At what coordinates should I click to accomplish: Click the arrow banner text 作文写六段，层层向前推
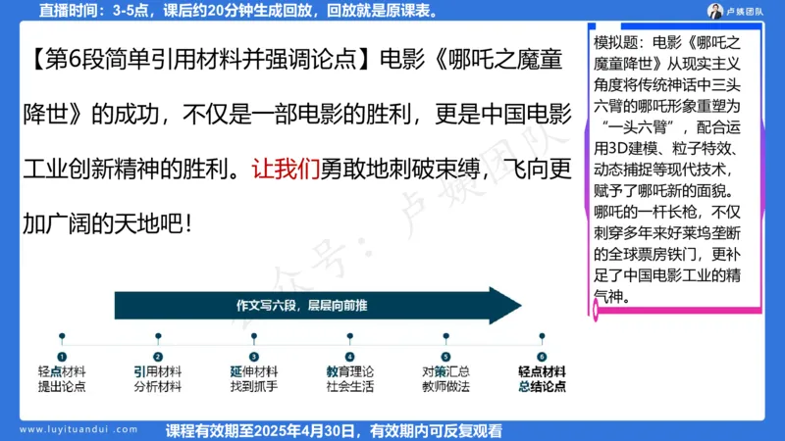pyautogui.click(x=301, y=305)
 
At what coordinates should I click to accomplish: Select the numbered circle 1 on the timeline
pyautogui.click(x=62, y=357)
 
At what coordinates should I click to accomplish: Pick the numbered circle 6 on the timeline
pyautogui.click(x=541, y=357)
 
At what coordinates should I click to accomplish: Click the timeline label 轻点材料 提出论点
pyautogui.click(x=62, y=379)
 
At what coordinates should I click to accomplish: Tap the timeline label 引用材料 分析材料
pyautogui.click(x=157, y=379)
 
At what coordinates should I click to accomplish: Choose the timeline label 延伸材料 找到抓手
pyautogui.click(x=253, y=379)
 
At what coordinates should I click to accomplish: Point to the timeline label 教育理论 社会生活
pyautogui.click(x=349, y=379)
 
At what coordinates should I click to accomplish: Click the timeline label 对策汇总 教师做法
pyautogui.click(x=445, y=379)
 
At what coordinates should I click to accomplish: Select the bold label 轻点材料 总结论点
pyautogui.click(x=542, y=379)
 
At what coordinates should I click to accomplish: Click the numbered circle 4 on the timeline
pyautogui.click(x=349, y=357)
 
